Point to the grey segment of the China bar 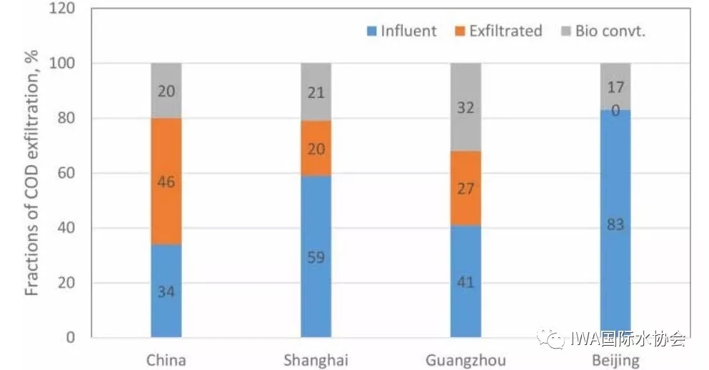click(x=166, y=91)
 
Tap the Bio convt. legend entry click(x=604, y=31)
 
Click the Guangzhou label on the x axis click(x=466, y=359)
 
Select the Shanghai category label click(x=316, y=359)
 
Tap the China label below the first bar click(x=166, y=359)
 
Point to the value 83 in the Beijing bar click(x=615, y=225)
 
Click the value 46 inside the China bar click(x=166, y=181)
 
